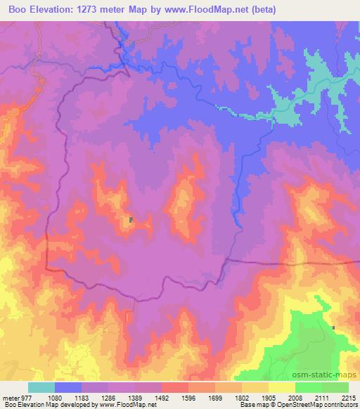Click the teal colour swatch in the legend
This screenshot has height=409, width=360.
[41, 387]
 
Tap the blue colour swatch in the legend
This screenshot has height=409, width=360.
[67, 387]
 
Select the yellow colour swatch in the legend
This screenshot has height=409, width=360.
[281, 387]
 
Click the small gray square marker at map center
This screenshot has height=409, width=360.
[131, 220]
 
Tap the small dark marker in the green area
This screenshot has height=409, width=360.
[333, 327]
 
